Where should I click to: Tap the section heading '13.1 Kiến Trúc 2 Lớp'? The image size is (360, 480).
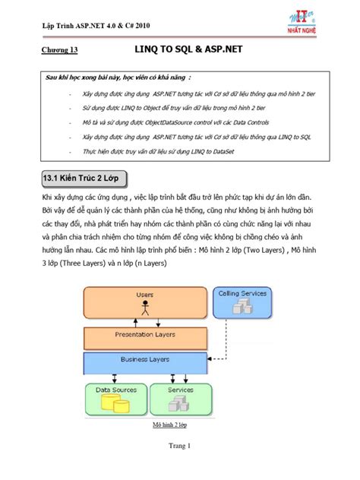point(84,178)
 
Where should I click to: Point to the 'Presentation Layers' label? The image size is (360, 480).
point(144,334)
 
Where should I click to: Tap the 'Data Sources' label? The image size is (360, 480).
point(115,390)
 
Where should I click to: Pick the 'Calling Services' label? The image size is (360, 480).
point(242,293)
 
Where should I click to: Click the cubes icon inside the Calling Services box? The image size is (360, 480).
point(242,305)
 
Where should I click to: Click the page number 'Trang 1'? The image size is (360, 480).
point(179,446)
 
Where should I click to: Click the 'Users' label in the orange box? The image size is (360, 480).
point(144,295)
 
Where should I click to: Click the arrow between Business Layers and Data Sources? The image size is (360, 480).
point(114,377)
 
